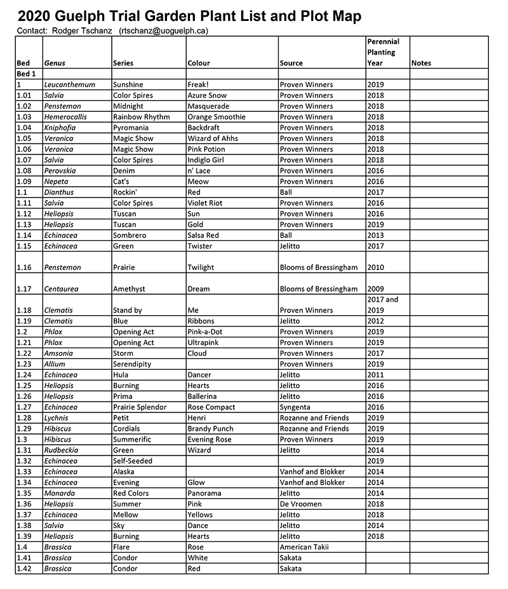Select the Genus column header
(x=55, y=63)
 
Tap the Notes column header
(x=421, y=63)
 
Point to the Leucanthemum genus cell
(x=69, y=85)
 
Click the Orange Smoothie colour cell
(x=217, y=117)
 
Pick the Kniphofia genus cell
(x=61, y=128)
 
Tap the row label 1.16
(x=23, y=267)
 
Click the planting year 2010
(x=375, y=267)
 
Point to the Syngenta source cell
(x=295, y=407)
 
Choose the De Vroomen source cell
(x=300, y=504)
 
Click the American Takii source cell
(x=305, y=547)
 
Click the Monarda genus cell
(x=59, y=493)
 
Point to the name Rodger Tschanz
(x=81, y=30)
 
